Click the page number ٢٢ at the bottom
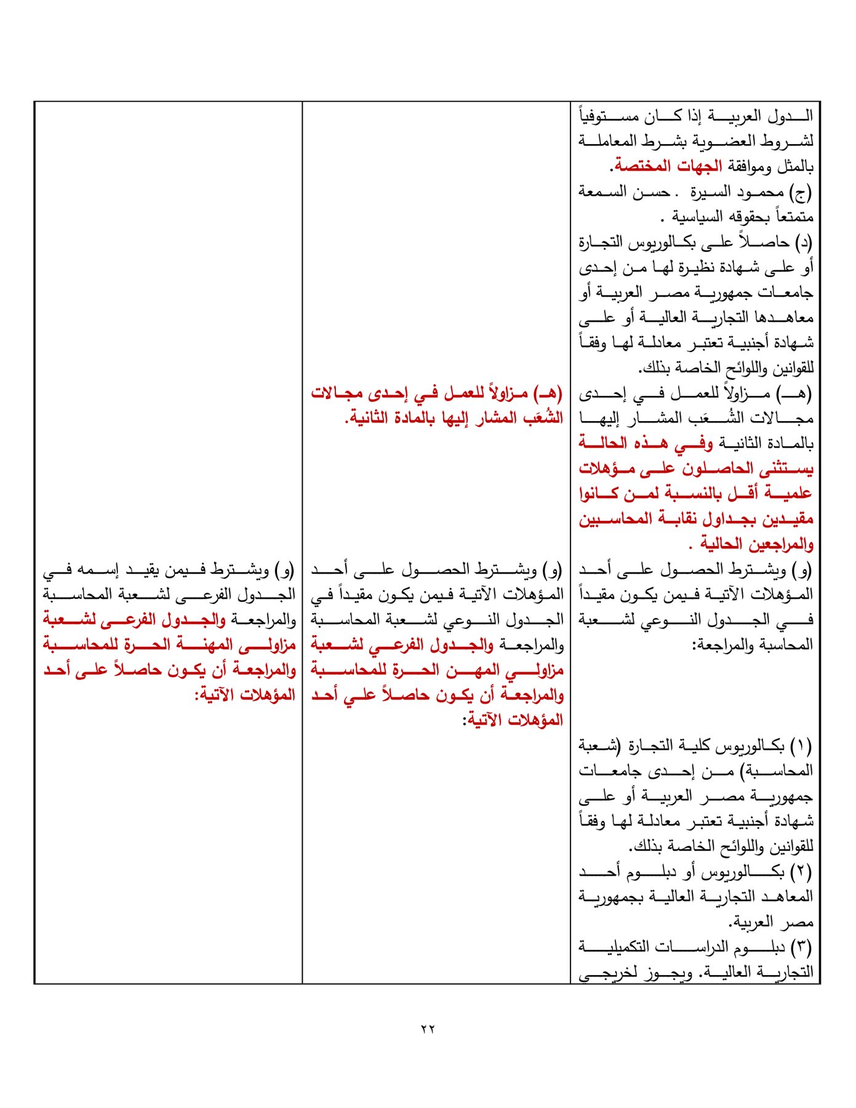coord(428,1029)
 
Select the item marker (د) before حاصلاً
coord(803,243)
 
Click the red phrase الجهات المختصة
coord(667,167)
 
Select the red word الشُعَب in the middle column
coord(543,418)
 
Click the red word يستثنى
coord(785,469)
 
